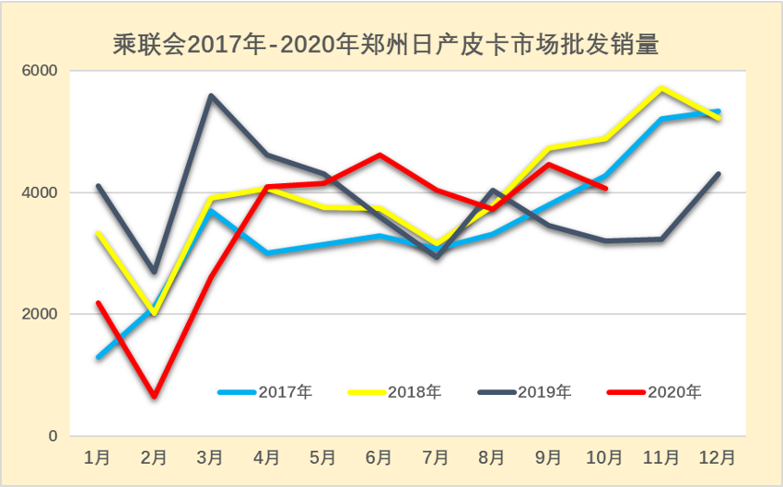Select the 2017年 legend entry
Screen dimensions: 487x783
point(266,391)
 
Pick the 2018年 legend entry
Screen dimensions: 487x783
point(395,391)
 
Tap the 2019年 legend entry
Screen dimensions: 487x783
point(525,391)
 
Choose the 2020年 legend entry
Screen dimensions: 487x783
point(655,391)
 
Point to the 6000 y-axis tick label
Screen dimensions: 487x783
point(40,71)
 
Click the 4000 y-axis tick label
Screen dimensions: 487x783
point(40,192)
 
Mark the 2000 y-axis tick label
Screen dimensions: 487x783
point(40,314)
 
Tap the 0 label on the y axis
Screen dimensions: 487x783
point(53,435)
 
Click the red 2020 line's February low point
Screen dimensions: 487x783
point(154,397)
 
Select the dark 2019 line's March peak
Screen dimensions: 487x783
point(211,95)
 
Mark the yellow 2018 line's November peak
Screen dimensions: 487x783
point(661,88)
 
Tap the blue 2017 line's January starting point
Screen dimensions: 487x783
point(98,357)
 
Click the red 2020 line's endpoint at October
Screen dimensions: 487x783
point(605,189)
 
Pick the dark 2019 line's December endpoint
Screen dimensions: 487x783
point(719,174)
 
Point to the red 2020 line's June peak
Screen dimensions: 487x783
point(380,155)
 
